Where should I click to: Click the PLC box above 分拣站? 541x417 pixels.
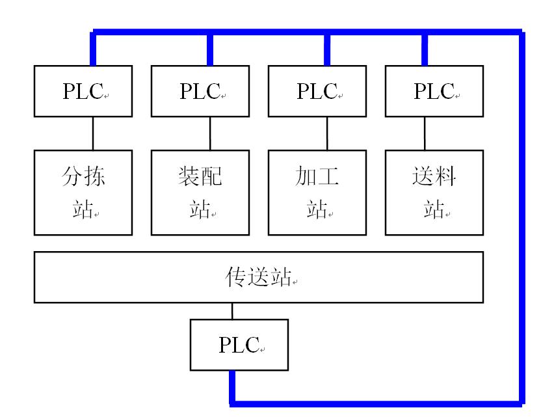(83, 91)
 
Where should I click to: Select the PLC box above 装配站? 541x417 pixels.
(200, 91)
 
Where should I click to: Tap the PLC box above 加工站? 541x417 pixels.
(317, 91)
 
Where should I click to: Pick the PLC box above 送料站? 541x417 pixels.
(434, 91)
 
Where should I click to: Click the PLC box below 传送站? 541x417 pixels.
(239, 344)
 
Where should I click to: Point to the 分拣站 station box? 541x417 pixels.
(83, 192)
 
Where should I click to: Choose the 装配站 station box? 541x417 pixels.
(200, 192)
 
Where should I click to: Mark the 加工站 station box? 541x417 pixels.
(317, 192)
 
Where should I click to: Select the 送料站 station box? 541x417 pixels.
(434, 192)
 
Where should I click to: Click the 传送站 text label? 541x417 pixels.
(257, 277)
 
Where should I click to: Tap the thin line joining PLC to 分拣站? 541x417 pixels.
(92, 133)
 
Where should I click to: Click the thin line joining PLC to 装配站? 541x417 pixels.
(209, 133)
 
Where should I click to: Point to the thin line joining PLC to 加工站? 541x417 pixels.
(326, 133)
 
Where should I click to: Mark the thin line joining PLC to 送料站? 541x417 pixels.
(425, 133)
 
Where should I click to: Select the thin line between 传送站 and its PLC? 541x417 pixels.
(232, 310)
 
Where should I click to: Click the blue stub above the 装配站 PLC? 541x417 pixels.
(210, 49)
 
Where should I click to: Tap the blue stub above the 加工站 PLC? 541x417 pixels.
(327, 49)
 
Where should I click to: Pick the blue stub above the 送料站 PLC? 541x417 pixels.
(425, 49)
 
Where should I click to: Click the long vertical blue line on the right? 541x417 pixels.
(522, 215)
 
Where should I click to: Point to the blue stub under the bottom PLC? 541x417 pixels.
(232, 386)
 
